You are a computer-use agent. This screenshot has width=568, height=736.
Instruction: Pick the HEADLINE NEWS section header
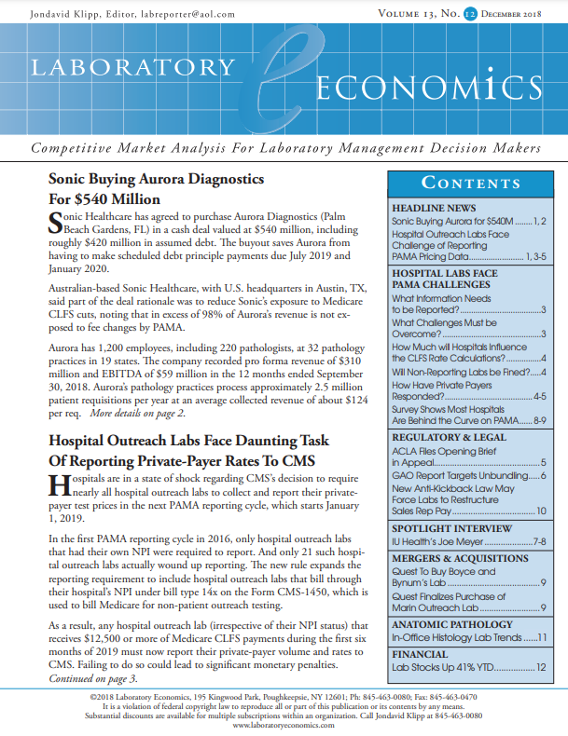(435, 207)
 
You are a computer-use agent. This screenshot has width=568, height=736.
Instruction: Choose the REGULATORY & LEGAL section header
(449, 437)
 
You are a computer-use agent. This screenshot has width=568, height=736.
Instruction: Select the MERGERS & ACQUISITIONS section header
(458, 557)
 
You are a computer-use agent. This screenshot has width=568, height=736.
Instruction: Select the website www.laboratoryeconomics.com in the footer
(284, 724)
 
